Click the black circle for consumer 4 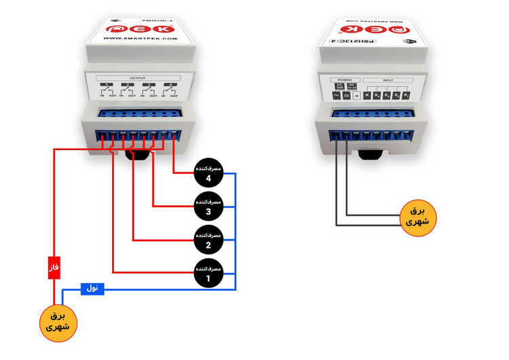208,173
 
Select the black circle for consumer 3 208,206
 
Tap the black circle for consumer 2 208,240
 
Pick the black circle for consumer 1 208,272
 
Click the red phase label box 54,268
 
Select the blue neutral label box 92,289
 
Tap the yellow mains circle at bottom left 58,322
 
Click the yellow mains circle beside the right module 417,217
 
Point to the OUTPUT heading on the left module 137,78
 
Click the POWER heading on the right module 345,80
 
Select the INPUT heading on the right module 388,80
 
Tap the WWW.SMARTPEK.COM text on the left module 140,39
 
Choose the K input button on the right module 367,96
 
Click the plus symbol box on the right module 356,96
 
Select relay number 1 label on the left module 109,86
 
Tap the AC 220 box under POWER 339,86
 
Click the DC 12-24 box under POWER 351,86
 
